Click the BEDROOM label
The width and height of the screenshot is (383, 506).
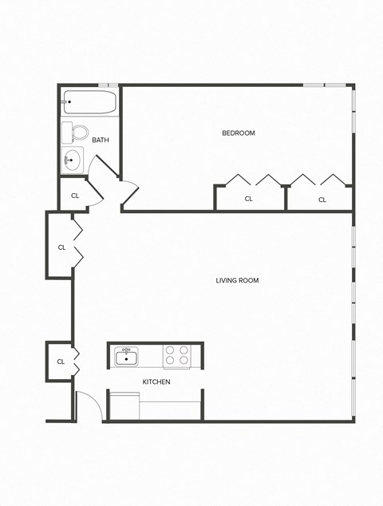(x=238, y=132)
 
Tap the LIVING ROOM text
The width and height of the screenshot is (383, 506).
(x=237, y=280)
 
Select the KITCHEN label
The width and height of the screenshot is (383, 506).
(x=156, y=381)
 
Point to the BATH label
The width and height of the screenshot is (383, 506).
(x=101, y=140)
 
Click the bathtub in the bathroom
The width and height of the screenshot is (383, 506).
(x=89, y=102)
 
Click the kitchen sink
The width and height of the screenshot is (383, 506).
(x=126, y=356)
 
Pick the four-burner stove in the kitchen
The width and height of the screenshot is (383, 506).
(x=176, y=355)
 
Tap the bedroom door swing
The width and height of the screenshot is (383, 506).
(x=128, y=194)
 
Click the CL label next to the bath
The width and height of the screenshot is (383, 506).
(x=75, y=195)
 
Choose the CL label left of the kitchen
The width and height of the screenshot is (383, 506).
(x=61, y=362)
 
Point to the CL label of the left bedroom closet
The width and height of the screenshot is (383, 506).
(x=248, y=199)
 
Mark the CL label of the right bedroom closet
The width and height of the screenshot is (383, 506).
(x=322, y=200)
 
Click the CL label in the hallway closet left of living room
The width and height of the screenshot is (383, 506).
(x=61, y=247)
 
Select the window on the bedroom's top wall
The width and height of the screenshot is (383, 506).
(x=328, y=85)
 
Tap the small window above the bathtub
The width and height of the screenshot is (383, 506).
(x=109, y=85)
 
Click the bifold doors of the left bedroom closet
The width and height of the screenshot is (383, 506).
(x=251, y=180)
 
